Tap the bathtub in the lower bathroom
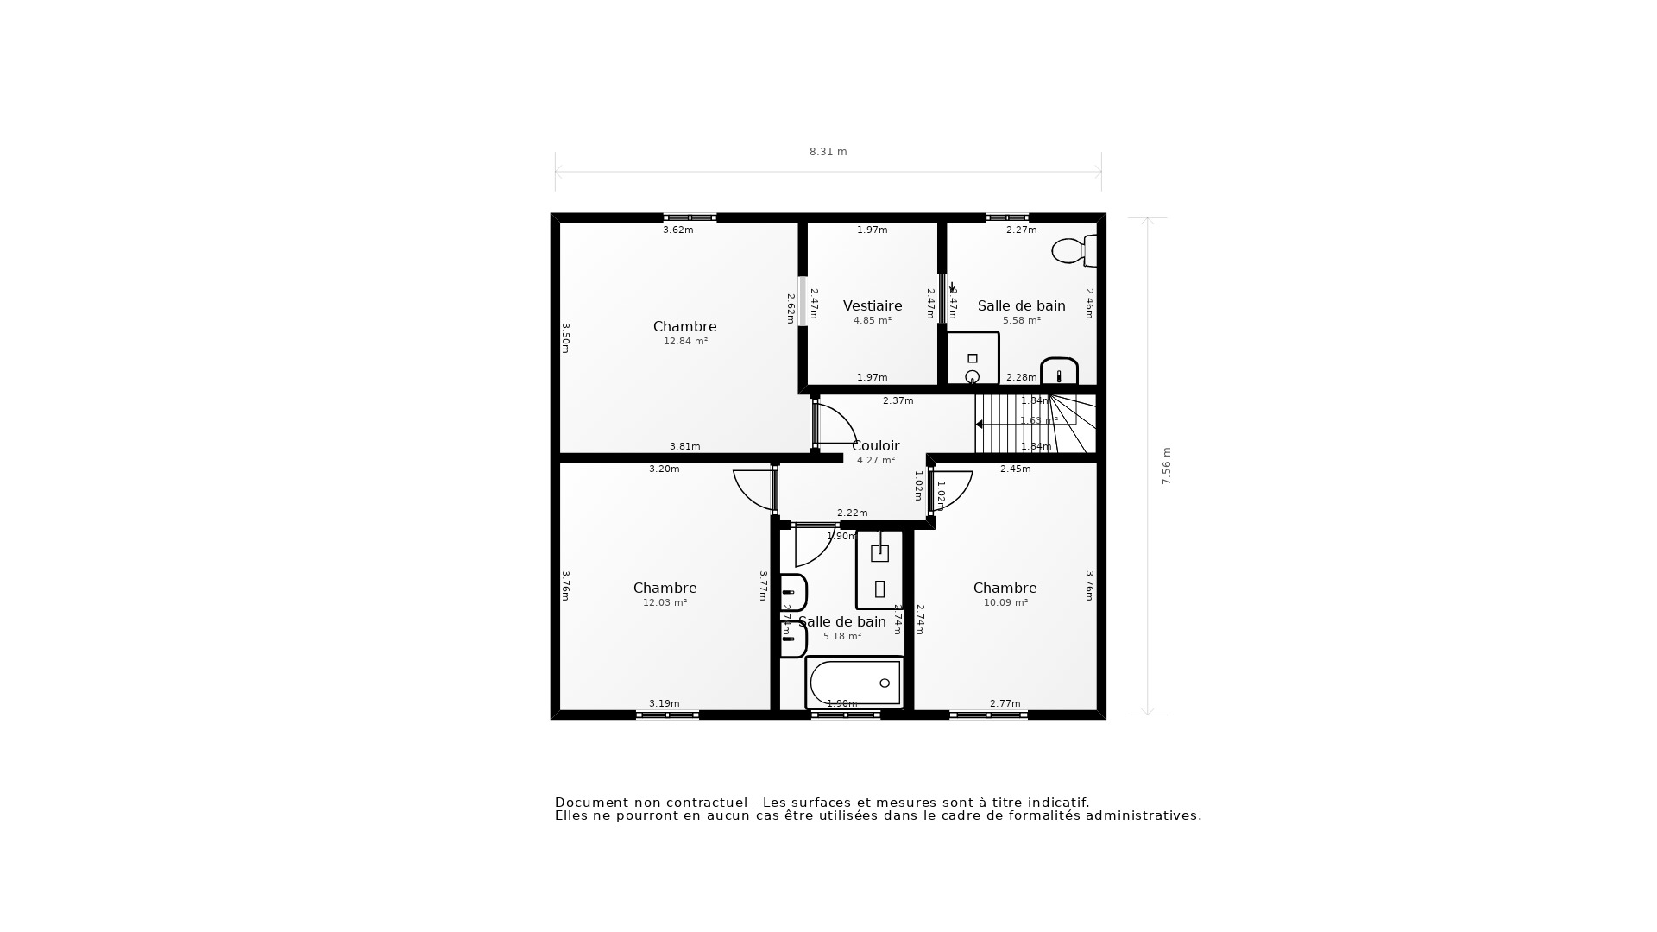[854, 683]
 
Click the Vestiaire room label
[873, 305]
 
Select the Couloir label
[875, 445]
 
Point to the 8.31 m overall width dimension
[828, 152]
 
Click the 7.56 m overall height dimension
[1167, 466]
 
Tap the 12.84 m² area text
[685, 341]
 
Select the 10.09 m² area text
[1005, 602]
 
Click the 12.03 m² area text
[665, 602]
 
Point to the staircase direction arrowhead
[980, 425]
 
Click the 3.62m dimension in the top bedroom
[677, 230]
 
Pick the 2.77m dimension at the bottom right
[1005, 703]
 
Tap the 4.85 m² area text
[873, 320]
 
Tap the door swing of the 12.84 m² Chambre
[835, 424]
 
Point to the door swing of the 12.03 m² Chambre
[753, 489]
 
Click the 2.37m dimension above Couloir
[898, 400]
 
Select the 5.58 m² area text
[1022, 320]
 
